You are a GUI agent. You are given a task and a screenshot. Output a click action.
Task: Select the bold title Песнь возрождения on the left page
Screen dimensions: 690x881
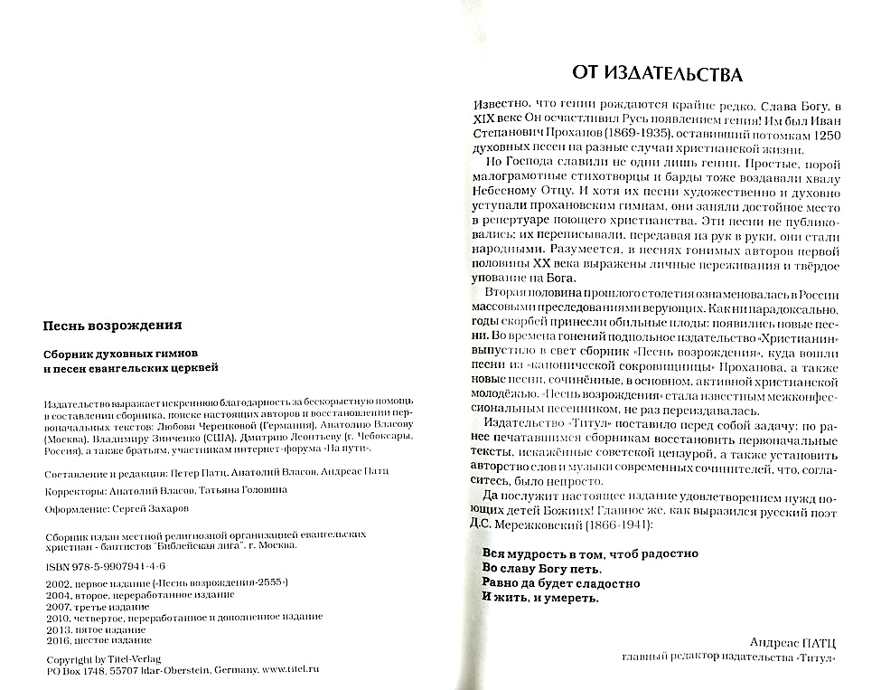[x=113, y=325]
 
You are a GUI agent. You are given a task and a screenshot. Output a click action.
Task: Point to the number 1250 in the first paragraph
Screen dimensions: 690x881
[x=819, y=134]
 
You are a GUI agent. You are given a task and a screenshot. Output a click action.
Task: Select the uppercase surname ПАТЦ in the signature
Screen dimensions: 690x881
[x=817, y=641]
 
